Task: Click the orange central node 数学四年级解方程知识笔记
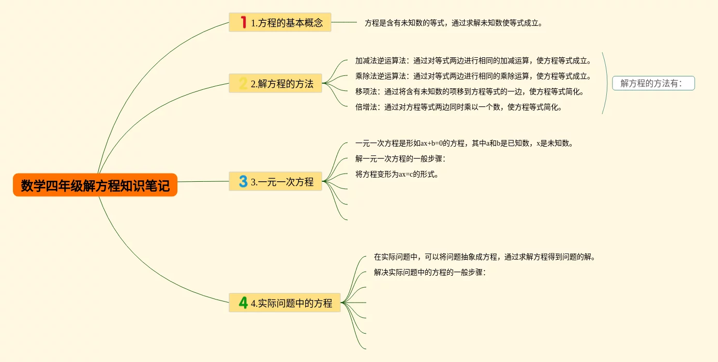pos(95,185)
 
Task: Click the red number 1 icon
pos(243,22)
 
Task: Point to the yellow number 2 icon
pos(243,84)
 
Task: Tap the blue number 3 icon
pos(243,182)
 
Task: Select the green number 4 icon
pos(243,303)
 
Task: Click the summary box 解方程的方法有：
pos(653,83)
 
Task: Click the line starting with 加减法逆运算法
pos(473,60)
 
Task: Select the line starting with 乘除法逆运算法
pos(473,76)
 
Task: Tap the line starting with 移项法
pos(469,92)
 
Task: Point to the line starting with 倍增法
pos(458,107)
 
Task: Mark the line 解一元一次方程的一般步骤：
pos(400,159)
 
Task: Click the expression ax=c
pos(408,174)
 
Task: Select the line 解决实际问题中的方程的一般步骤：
pos(430,272)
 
